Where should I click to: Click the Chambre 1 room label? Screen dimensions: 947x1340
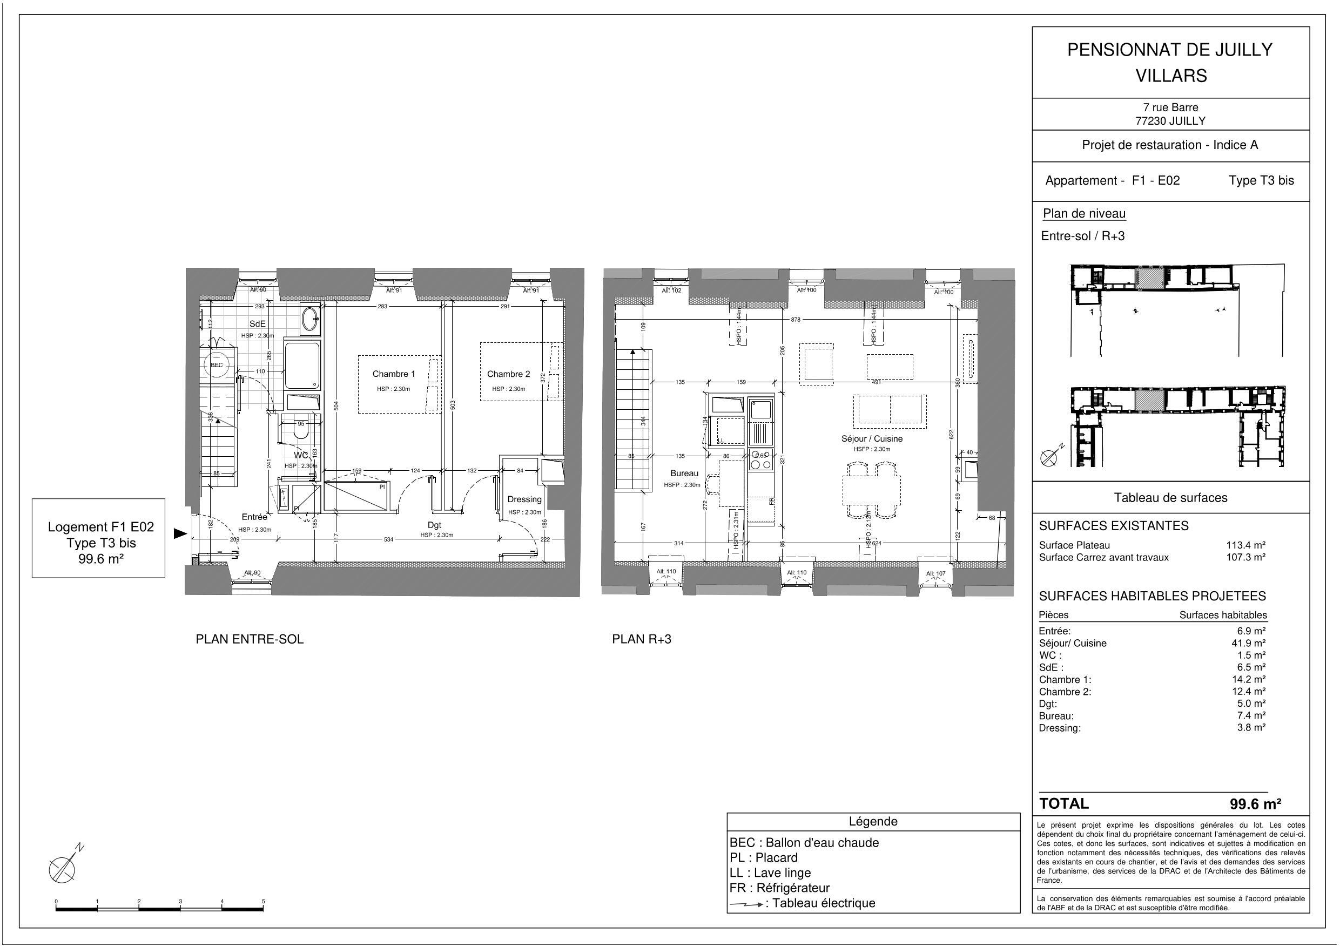[394, 374]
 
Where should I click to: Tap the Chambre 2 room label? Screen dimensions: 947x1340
[508, 374]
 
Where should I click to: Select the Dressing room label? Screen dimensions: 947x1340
[524, 499]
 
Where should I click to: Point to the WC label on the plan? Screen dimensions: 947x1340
[300, 455]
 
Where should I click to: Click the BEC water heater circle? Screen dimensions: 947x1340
[217, 366]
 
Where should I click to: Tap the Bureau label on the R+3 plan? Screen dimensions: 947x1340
[684, 473]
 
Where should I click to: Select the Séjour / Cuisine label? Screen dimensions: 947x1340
[872, 438]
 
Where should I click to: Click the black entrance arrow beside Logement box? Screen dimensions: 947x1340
[180, 533]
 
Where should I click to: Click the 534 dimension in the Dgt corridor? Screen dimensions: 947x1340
[388, 539]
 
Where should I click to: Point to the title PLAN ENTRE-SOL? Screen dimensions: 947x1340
[249, 639]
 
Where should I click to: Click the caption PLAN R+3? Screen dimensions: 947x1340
[642, 639]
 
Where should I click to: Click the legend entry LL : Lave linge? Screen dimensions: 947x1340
[770, 872]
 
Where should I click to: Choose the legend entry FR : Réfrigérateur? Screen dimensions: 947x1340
[779, 888]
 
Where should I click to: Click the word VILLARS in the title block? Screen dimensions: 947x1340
[1171, 76]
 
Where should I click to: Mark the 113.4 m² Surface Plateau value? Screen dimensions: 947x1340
[1245, 545]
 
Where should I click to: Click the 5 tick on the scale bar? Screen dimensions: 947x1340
[263, 902]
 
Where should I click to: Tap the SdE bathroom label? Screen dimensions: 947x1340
[258, 324]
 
